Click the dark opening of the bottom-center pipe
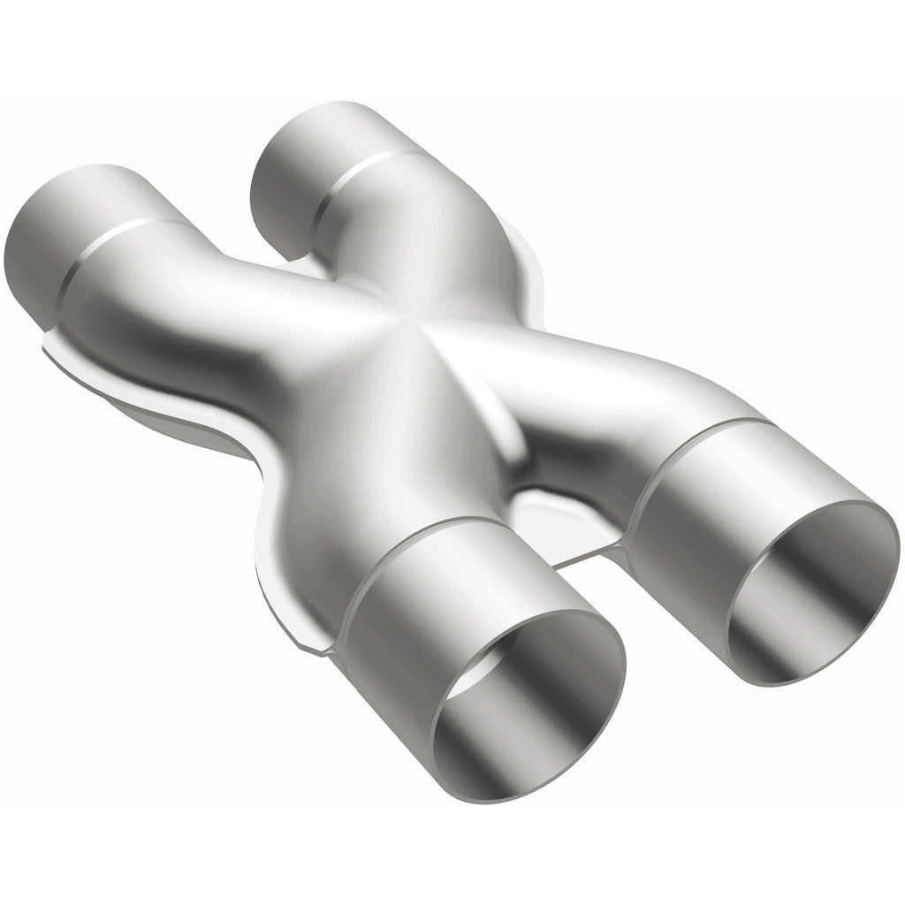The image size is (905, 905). tap(521, 698)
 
